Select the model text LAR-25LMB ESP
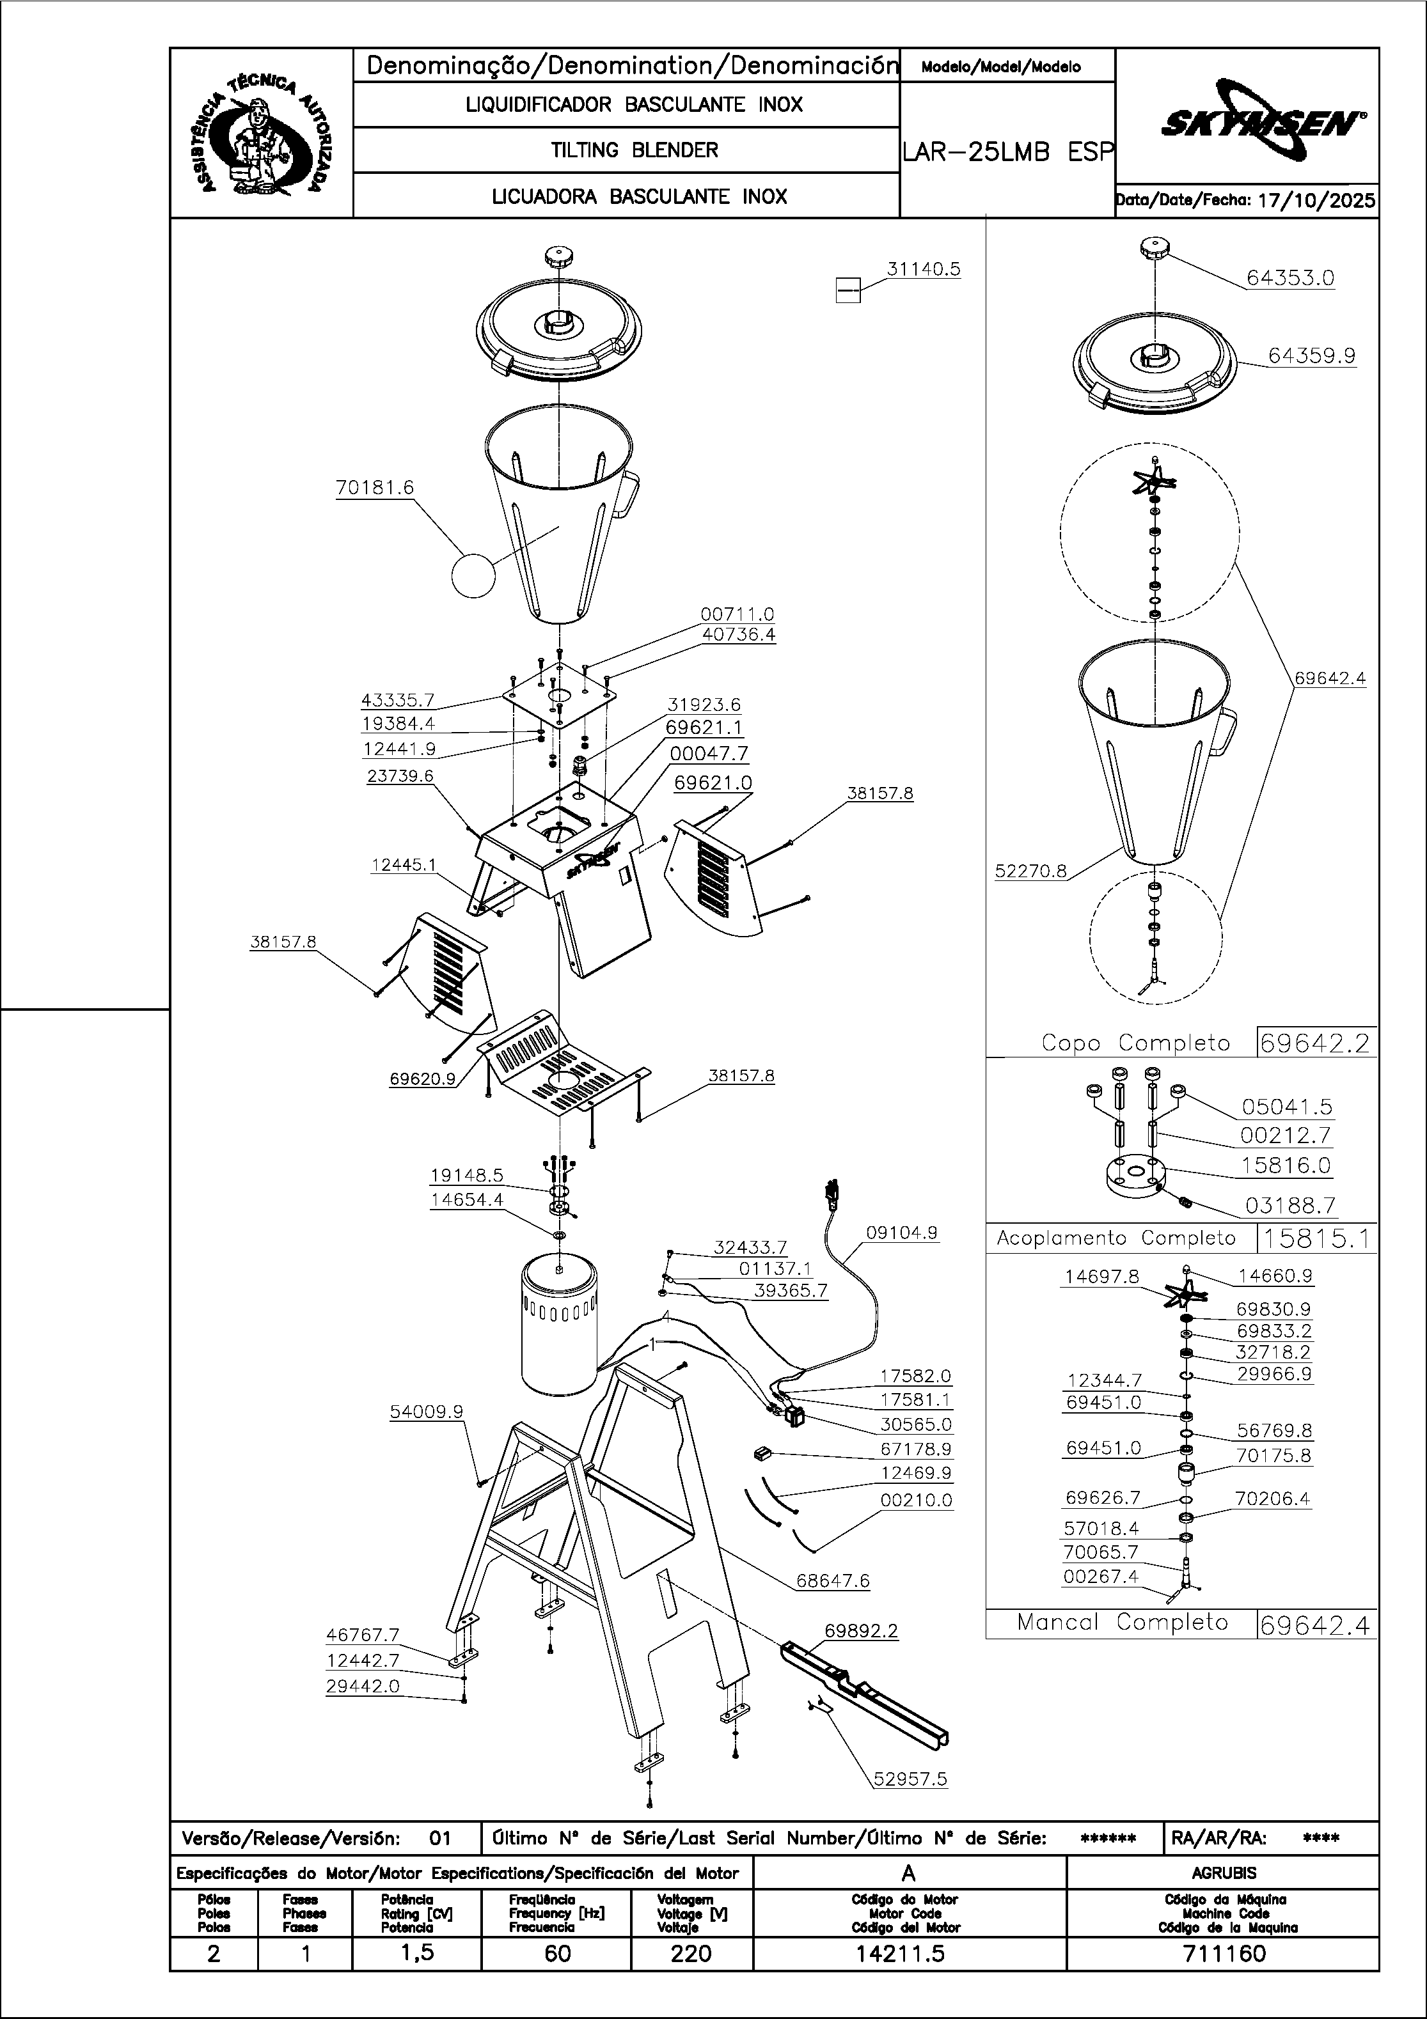click(x=1007, y=152)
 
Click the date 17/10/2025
click(x=1316, y=201)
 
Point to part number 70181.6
click(x=374, y=487)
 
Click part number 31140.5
click(x=923, y=269)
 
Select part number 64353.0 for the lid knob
click(x=1289, y=278)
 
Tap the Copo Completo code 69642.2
click(x=1315, y=1043)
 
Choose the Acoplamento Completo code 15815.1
click(x=1316, y=1238)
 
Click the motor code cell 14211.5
click(x=909, y=1954)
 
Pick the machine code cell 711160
click(x=1222, y=1954)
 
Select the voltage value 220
click(x=691, y=1954)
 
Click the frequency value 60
click(x=557, y=1954)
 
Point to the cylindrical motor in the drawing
click(x=558, y=1328)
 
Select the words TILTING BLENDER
click(x=635, y=150)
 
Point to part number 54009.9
click(x=426, y=1412)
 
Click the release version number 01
click(x=440, y=1838)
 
